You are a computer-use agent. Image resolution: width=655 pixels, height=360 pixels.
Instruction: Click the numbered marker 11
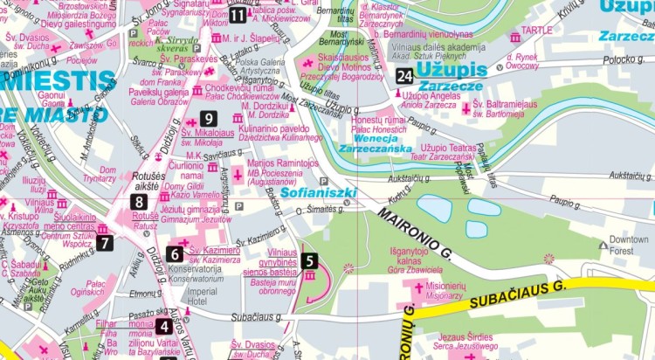tap(238, 14)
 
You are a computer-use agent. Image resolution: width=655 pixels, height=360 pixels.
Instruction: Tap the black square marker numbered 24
tap(403, 76)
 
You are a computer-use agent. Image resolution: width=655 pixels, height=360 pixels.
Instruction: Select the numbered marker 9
tap(208, 119)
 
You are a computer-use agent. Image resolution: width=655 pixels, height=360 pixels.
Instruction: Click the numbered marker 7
tap(105, 243)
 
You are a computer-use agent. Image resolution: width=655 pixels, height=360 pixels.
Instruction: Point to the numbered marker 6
tap(175, 254)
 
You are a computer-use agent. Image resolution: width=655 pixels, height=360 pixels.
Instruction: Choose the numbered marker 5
tap(309, 260)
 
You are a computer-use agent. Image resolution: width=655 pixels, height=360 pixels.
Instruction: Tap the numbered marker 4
tap(163, 327)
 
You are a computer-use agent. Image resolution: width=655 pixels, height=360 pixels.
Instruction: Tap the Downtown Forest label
tap(628, 245)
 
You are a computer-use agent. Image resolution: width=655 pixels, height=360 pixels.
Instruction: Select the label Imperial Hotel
tap(203, 296)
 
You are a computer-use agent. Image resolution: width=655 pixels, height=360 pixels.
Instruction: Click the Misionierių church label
tap(444, 291)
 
